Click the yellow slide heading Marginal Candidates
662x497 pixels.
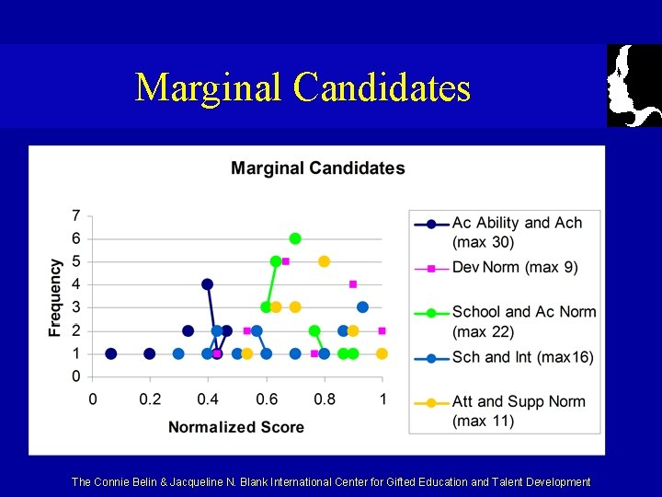tap(302, 87)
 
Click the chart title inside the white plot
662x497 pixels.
tap(317, 168)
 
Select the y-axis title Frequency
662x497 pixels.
tap(56, 296)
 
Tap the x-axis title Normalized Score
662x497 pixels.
tap(235, 427)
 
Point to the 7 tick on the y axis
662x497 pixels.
tap(75, 216)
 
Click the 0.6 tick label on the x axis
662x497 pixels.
tap(267, 399)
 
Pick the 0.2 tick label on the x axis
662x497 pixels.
tap(151, 399)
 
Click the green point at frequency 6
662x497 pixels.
tap(295, 238)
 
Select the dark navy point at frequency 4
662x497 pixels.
tap(207, 284)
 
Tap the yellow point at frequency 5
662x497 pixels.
tap(324, 261)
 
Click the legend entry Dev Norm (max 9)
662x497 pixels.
tap(515, 268)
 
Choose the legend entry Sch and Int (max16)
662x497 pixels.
tap(522, 357)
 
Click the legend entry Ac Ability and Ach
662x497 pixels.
tap(517, 223)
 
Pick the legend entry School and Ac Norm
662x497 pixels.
tap(524, 312)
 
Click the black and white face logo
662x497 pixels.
tap(633, 86)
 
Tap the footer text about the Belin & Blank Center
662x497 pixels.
tap(331, 481)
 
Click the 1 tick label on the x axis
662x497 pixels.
tap(382, 399)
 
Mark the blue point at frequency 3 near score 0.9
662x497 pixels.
tap(362, 307)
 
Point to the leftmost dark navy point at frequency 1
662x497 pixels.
tap(111, 353)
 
